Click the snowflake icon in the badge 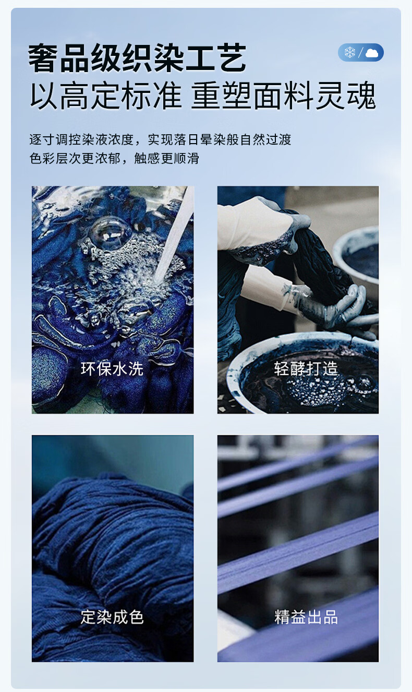(x=350, y=52)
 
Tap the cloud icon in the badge (x=372, y=53)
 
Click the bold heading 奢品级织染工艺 (x=137, y=58)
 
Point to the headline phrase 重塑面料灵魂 (x=284, y=95)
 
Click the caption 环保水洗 (x=112, y=369)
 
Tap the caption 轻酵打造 (x=306, y=369)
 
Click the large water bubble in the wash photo (x=110, y=232)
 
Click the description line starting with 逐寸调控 (x=160, y=139)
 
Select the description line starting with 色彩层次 (x=114, y=158)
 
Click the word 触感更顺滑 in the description (x=166, y=158)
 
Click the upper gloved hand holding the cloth (x=262, y=226)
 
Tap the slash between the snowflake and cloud (x=360, y=53)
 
